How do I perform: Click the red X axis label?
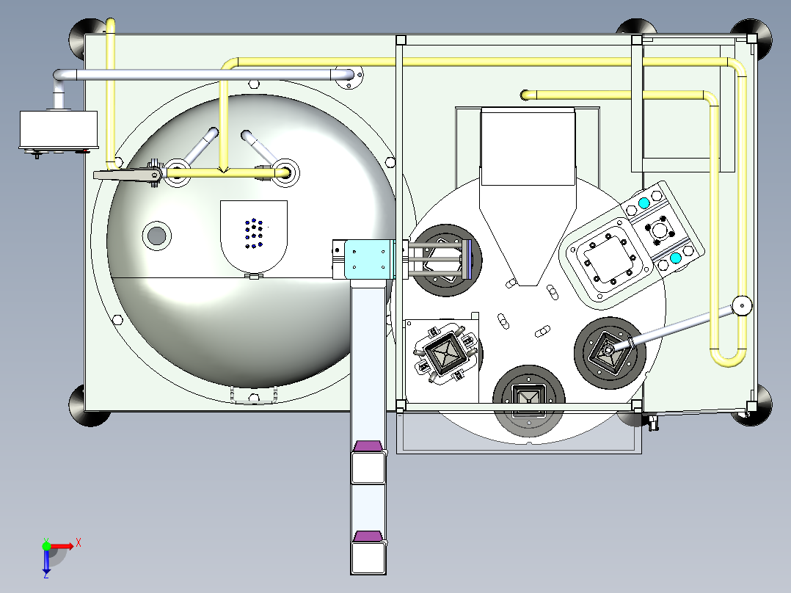(79, 543)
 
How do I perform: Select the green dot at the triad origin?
(46, 546)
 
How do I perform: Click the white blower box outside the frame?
(59, 129)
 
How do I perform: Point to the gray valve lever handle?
(127, 175)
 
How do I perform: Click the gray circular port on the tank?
(157, 235)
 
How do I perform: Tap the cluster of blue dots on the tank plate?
(254, 233)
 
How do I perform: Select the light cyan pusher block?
(369, 259)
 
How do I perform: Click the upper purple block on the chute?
(368, 446)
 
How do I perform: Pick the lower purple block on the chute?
(368, 536)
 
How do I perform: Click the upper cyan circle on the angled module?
(644, 203)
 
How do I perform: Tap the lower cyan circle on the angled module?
(676, 258)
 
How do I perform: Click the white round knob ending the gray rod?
(743, 305)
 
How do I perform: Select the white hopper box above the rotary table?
(528, 147)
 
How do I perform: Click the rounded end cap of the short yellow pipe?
(525, 95)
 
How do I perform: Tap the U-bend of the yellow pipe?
(729, 356)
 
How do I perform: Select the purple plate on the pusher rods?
(469, 259)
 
